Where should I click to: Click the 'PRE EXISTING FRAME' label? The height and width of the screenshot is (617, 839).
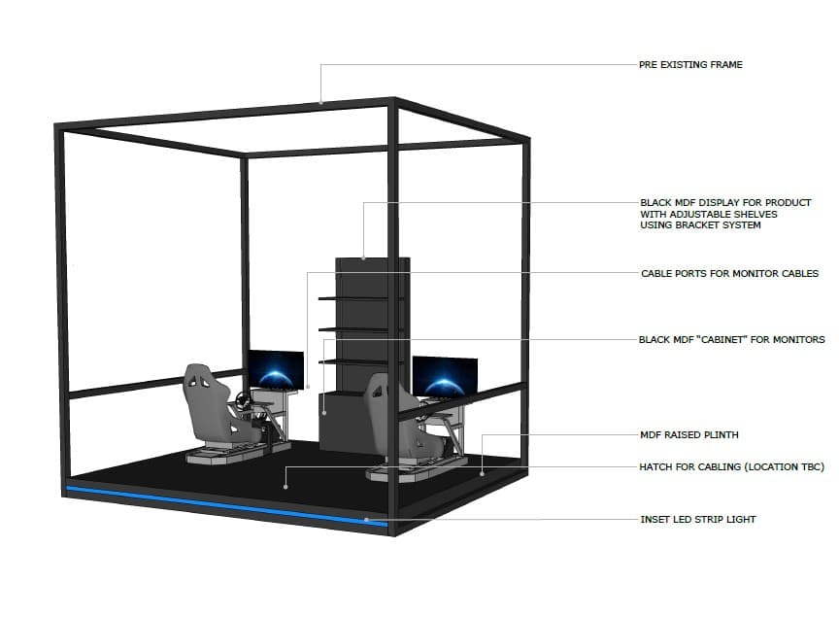coord(690,65)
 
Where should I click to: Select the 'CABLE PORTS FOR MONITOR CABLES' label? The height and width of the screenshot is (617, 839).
coord(730,274)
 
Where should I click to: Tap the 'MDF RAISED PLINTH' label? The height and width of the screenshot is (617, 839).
coord(689,435)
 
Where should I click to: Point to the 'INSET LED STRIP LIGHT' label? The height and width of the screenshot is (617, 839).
coord(698,519)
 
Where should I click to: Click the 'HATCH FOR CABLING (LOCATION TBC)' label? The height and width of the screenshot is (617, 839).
coord(731,467)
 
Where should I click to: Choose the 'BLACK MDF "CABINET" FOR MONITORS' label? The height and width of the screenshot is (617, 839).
coord(731,339)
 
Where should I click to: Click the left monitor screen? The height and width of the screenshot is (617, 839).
coord(276,369)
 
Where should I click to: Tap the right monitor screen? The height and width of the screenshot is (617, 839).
coord(445,377)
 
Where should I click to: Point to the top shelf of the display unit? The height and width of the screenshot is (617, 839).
coord(360,298)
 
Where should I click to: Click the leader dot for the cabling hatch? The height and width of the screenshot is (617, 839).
coord(285,487)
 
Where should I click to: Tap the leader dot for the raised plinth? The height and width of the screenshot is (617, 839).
coord(482,474)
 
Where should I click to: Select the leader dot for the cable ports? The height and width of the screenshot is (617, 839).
coord(307,387)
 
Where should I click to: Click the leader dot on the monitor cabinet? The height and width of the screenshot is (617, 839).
coord(324,413)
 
